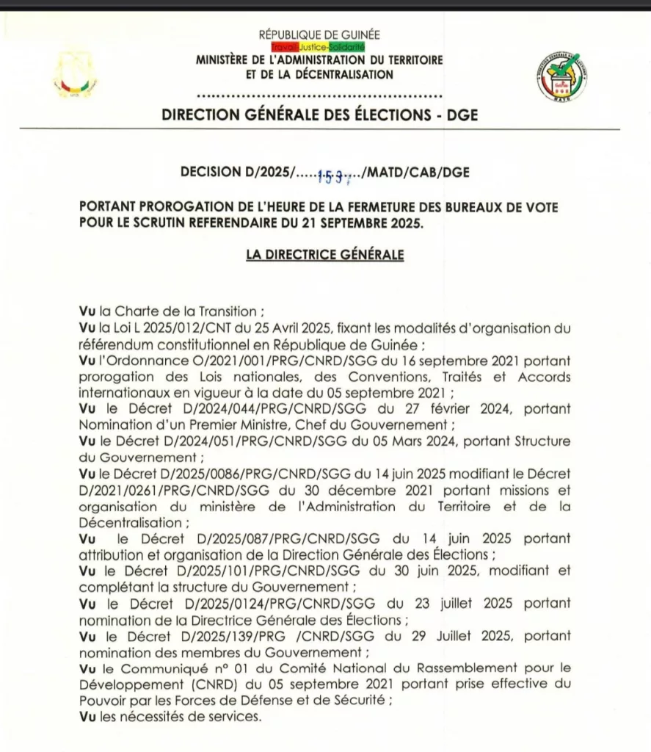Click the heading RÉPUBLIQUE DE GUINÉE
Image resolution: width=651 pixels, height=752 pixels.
pos(319,35)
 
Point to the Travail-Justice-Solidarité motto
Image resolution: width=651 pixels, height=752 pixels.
pos(319,47)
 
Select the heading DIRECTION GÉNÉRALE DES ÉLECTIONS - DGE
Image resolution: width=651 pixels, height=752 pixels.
pos(319,115)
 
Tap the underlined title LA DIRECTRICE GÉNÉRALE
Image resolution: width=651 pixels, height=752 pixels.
pos(324,255)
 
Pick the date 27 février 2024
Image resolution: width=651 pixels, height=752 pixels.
pos(461,408)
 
